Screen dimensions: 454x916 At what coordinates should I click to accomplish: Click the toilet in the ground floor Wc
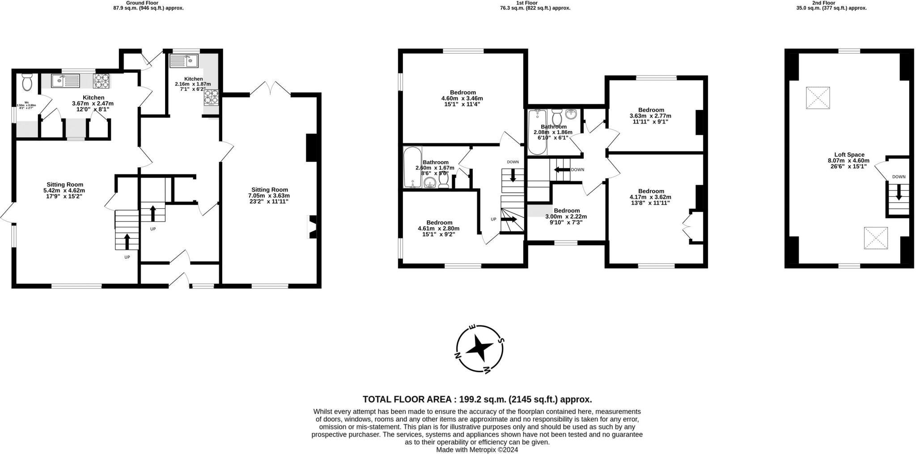(x=27, y=82)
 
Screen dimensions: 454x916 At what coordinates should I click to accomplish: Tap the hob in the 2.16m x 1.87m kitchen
(x=212, y=97)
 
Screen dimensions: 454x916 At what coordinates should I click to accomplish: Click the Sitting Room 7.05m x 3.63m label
(x=269, y=195)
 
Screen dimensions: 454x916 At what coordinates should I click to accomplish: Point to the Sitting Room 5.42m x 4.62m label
(x=65, y=190)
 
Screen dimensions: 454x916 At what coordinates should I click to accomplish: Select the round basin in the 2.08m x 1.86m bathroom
(x=571, y=114)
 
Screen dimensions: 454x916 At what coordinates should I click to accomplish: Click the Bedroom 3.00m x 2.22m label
(x=566, y=216)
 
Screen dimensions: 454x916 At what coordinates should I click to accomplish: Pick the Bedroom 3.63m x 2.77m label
(x=651, y=115)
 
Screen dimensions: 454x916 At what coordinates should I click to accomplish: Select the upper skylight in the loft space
(x=818, y=98)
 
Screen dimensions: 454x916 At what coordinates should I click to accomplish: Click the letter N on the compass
(x=458, y=356)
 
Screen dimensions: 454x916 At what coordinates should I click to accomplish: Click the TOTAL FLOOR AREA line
(x=477, y=399)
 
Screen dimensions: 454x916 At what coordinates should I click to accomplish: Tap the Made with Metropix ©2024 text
(x=477, y=450)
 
